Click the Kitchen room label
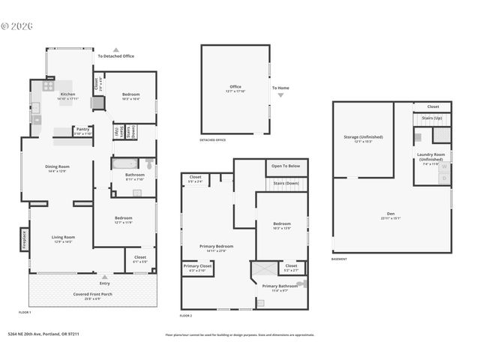[67, 94]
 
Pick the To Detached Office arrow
[115, 50]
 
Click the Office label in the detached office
[235, 87]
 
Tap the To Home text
[280, 88]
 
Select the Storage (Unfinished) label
[363, 137]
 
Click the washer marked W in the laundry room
[443, 166]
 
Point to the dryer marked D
[443, 178]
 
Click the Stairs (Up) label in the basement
[433, 118]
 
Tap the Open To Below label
[286, 166]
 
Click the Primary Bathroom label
[279, 286]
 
